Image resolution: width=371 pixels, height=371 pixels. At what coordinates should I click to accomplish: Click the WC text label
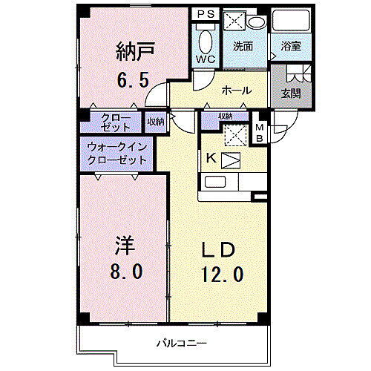205,59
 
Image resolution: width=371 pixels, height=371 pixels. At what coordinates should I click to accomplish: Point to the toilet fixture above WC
205,37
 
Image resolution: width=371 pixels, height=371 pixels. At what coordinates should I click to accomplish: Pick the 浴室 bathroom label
290,45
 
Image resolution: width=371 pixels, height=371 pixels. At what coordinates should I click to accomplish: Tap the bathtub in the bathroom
290,22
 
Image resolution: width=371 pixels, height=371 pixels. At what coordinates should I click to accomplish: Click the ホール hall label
236,91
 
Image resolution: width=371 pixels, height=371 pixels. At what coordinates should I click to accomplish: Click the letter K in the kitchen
210,157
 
